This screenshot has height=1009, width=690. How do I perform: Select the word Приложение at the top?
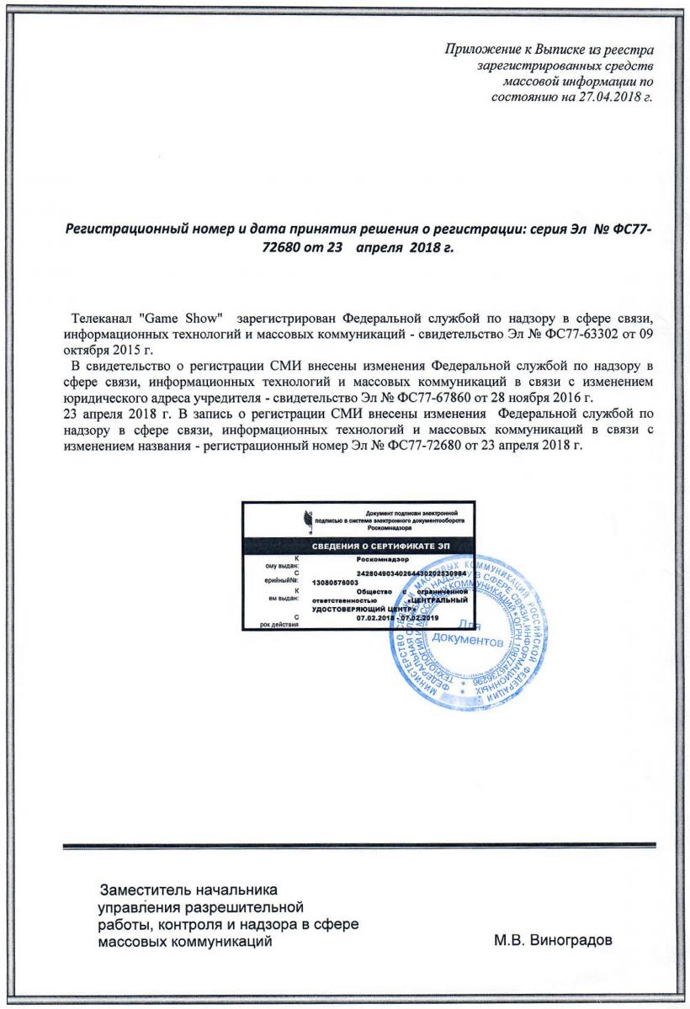tap(476, 49)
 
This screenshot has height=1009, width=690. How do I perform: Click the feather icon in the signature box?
tap(307, 521)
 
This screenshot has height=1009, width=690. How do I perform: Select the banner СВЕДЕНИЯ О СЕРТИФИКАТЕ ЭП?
tap(358, 547)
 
